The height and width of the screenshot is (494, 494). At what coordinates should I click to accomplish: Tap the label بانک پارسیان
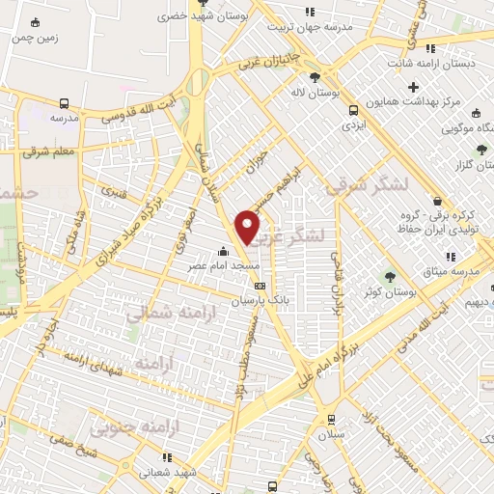click(258, 301)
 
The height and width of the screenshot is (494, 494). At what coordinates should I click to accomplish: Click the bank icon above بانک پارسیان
click(259, 286)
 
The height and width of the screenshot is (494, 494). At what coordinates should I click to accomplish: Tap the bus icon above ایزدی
click(354, 109)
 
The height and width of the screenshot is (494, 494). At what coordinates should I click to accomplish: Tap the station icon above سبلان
click(331, 419)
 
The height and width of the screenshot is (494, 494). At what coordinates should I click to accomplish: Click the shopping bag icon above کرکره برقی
click(437, 202)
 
